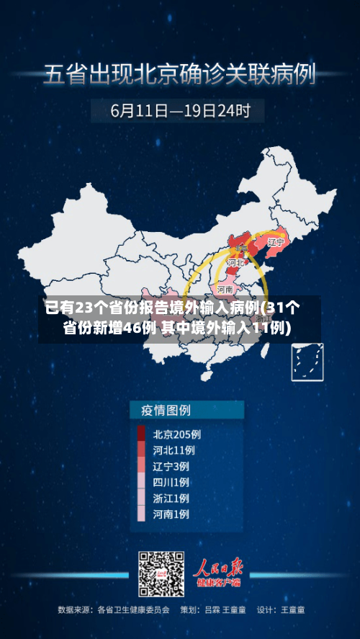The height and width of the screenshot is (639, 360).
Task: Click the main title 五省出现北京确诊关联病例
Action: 180,74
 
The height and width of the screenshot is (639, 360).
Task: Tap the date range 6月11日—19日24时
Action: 180,111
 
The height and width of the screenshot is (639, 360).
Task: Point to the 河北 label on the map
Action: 235,264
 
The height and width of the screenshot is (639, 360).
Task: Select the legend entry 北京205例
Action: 176,434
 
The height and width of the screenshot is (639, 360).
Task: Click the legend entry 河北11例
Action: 174,450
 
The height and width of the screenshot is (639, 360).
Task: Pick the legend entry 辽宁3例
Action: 171,466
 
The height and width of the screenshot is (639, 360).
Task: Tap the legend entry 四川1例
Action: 171,482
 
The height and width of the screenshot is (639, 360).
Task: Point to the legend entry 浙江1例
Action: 171,498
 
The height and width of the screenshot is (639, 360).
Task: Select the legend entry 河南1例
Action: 171,514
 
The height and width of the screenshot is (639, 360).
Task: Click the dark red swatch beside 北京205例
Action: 141,434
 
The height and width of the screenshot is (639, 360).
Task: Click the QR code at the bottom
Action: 161,573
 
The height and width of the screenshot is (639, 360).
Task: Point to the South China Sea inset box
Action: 307,362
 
